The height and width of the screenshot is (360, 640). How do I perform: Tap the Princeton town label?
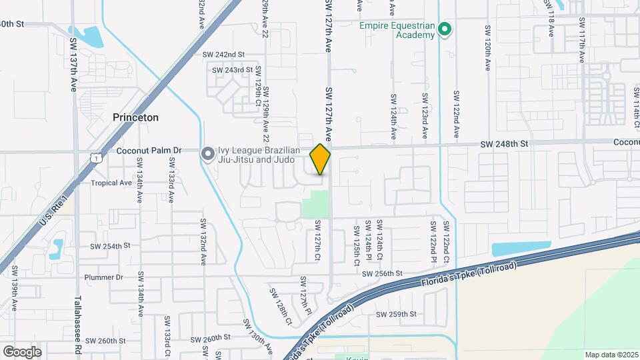tap(135, 117)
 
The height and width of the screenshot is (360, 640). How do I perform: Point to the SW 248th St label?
tap(505, 144)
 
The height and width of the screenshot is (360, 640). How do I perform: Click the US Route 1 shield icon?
tap(97, 157)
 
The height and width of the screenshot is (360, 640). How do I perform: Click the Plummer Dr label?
tap(104, 277)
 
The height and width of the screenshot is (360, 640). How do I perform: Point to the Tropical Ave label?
tap(111, 183)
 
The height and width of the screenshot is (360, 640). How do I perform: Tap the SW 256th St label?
tap(382, 273)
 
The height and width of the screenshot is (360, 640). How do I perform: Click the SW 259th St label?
tap(396, 314)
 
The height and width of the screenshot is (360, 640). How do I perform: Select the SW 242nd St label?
tap(224, 54)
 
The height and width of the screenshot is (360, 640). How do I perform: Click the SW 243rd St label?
tap(232, 69)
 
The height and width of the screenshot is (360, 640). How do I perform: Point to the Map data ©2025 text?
tap(611, 355)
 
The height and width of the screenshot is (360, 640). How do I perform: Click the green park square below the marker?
tap(316, 203)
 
